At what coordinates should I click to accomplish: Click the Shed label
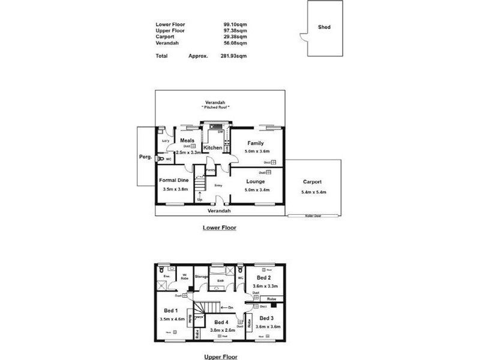click(325, 27)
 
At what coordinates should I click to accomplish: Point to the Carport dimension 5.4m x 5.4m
click(313, 192)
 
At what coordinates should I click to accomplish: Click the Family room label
click(256, 143)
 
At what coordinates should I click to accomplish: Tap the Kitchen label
click(213, 148)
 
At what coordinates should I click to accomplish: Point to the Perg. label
click(145, 157)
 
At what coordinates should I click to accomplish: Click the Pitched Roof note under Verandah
click(215, 107)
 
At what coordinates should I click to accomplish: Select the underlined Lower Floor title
click(219, 228)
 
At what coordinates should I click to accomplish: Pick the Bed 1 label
click(170, 311)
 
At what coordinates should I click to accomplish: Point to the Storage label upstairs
click(201, 277)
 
